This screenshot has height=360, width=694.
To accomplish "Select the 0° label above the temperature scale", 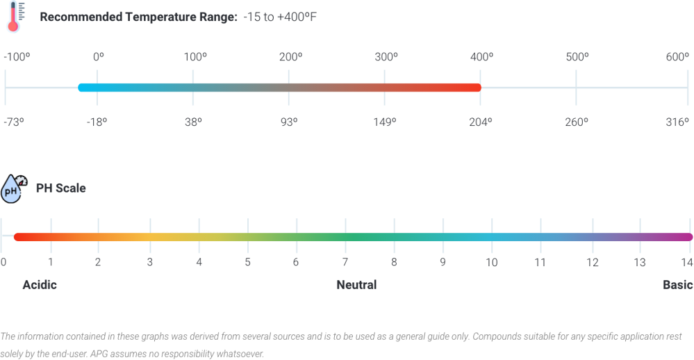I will pyautogui.click(x=98, y=58).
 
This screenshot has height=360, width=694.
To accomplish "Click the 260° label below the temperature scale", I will pyautogui.click(x=576, y=122).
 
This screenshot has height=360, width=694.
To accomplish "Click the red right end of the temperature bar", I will pyautogui.click(x=476, y=88).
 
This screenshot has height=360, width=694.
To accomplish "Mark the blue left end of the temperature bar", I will pyautogui.click(x=83, y=88).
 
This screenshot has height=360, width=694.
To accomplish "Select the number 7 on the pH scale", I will pyautogui.click(x=345, y=263).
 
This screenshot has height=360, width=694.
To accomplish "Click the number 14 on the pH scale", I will pyautogui.click(x=686, y=263).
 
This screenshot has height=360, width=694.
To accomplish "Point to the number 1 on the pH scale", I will pyautogui.click(x=50, y=263).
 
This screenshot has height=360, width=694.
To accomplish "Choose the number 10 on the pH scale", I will pyautogui.click(x=491, y=263).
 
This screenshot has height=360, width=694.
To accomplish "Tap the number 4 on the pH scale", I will pyautogui.click(x=199, y=263).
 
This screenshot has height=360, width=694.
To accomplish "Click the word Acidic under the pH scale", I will pyautogui.click(x=40, y=285).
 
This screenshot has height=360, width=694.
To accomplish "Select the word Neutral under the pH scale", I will pyautogui.click(x=356, y=285).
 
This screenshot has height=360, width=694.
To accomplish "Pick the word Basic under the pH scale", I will pyautogui.click(x=677, y=285).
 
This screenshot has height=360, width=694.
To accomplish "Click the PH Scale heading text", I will pyautogui.click(x=61, y=188).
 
